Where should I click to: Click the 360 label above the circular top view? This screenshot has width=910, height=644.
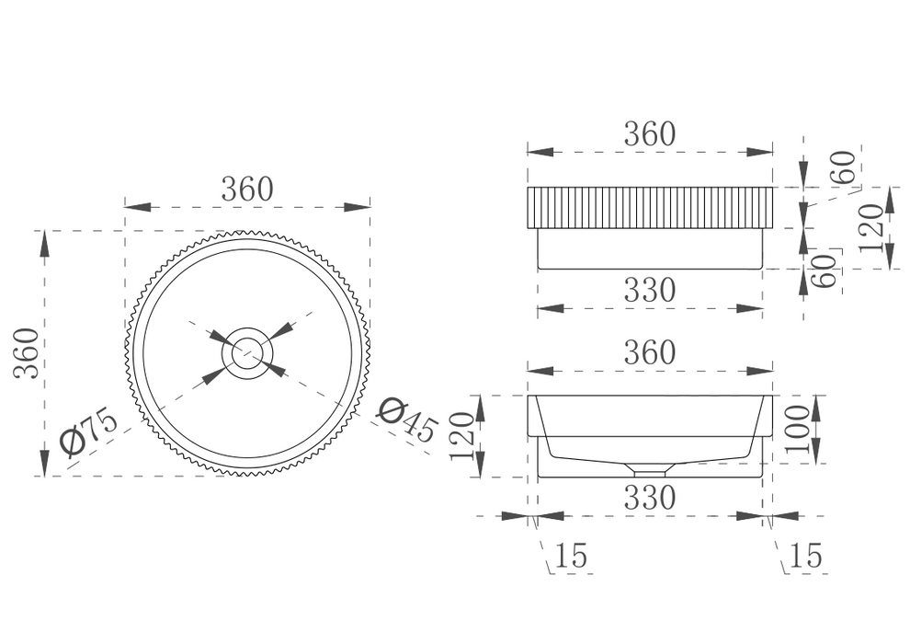click(x=246, y=189)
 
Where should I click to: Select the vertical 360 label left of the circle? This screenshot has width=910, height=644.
click(x=27, y=352)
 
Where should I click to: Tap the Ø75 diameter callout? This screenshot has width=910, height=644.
click(x=89, y=431)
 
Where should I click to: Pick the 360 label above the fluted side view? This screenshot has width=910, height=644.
click(x=649, y=134)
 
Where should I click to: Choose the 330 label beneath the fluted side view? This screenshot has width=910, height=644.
click(x=649, y=291)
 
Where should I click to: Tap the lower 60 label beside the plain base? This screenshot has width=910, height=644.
click(x=826, y=271)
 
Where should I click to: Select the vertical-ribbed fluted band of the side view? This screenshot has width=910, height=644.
click(x=649, y=208)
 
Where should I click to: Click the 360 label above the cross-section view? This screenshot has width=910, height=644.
click(x=649, y=352)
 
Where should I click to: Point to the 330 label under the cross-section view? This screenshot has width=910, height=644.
click(x=649, y=498)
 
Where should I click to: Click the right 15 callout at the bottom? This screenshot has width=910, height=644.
click(x=805, y=556)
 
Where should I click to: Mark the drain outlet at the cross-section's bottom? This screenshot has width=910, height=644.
click(x=649, y=469)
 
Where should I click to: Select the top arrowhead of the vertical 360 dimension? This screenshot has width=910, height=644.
click(x=44, y=242)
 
